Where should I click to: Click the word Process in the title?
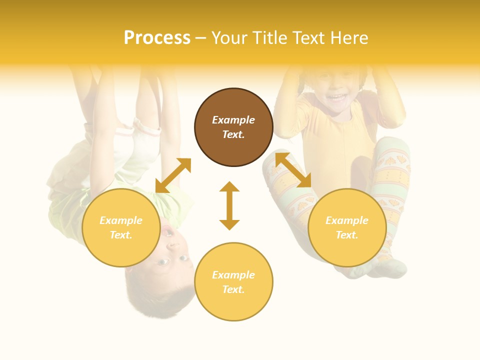[157, 38]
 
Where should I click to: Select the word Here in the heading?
[348, 38]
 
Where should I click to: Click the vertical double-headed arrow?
[229, 205]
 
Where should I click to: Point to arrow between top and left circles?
[173, 175]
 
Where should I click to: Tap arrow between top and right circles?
[293, 170]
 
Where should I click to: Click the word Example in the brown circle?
[233, 120]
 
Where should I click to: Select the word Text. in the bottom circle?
[233, 289]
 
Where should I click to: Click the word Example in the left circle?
[121, 220]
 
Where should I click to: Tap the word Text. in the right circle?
[347, 235]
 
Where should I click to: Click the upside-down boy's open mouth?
[168, 231]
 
